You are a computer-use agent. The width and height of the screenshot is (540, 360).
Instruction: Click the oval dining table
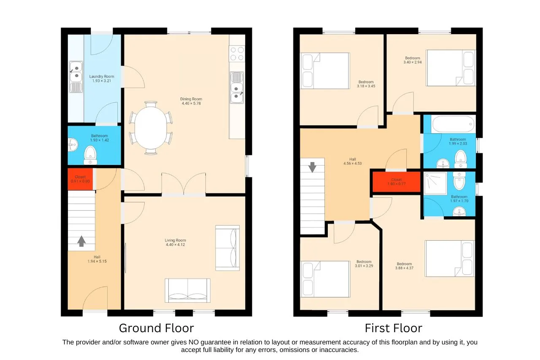(151, 128)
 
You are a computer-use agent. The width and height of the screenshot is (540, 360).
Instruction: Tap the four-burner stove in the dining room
(237, 54)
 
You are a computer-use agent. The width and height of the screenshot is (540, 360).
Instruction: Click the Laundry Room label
(102, 76)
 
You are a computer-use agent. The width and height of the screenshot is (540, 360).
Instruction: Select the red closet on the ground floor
(80, 179)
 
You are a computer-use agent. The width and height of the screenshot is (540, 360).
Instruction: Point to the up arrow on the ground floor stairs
(81, 241)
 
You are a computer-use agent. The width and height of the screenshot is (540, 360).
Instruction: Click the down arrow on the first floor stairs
(312, 167)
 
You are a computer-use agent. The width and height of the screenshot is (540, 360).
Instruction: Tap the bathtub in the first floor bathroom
(453, 124)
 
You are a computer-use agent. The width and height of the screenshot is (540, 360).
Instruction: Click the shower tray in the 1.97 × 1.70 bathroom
(435, 183)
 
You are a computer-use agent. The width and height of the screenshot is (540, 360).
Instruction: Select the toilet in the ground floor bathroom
(90, 155)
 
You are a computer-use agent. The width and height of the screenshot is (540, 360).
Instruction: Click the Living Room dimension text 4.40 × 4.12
(175, 244)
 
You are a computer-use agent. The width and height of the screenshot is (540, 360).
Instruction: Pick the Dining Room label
(191, 99)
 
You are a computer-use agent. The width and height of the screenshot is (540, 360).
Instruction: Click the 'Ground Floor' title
(156, 328)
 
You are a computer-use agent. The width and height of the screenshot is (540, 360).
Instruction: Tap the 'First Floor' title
(394, 328)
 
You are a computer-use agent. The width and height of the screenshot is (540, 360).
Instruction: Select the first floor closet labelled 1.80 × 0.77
(397, 182)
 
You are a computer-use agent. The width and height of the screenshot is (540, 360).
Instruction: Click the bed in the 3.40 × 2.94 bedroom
(451, 68)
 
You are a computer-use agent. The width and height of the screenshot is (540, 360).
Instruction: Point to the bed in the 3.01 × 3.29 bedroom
(325, 279)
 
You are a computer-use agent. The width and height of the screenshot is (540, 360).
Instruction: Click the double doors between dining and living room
(184, 184)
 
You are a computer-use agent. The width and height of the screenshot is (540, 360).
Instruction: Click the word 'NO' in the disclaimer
(193, 342)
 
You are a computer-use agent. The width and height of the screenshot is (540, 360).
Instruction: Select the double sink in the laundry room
(76, 77)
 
